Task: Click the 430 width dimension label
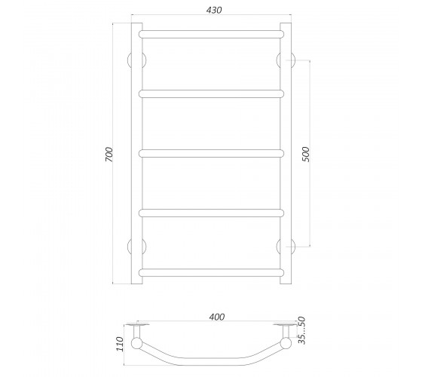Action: click(214, 10)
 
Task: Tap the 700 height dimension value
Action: click(109, 155)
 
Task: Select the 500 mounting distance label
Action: click(306, 154)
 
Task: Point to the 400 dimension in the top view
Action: click(217, 317)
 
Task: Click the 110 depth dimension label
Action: click(120, 344)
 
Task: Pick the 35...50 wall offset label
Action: click(302, 330)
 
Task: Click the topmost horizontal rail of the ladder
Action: click(211, 34)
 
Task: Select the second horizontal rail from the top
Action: click(211, 93)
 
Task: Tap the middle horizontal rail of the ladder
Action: click(211, 154)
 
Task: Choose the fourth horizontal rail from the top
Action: click(211, 213)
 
